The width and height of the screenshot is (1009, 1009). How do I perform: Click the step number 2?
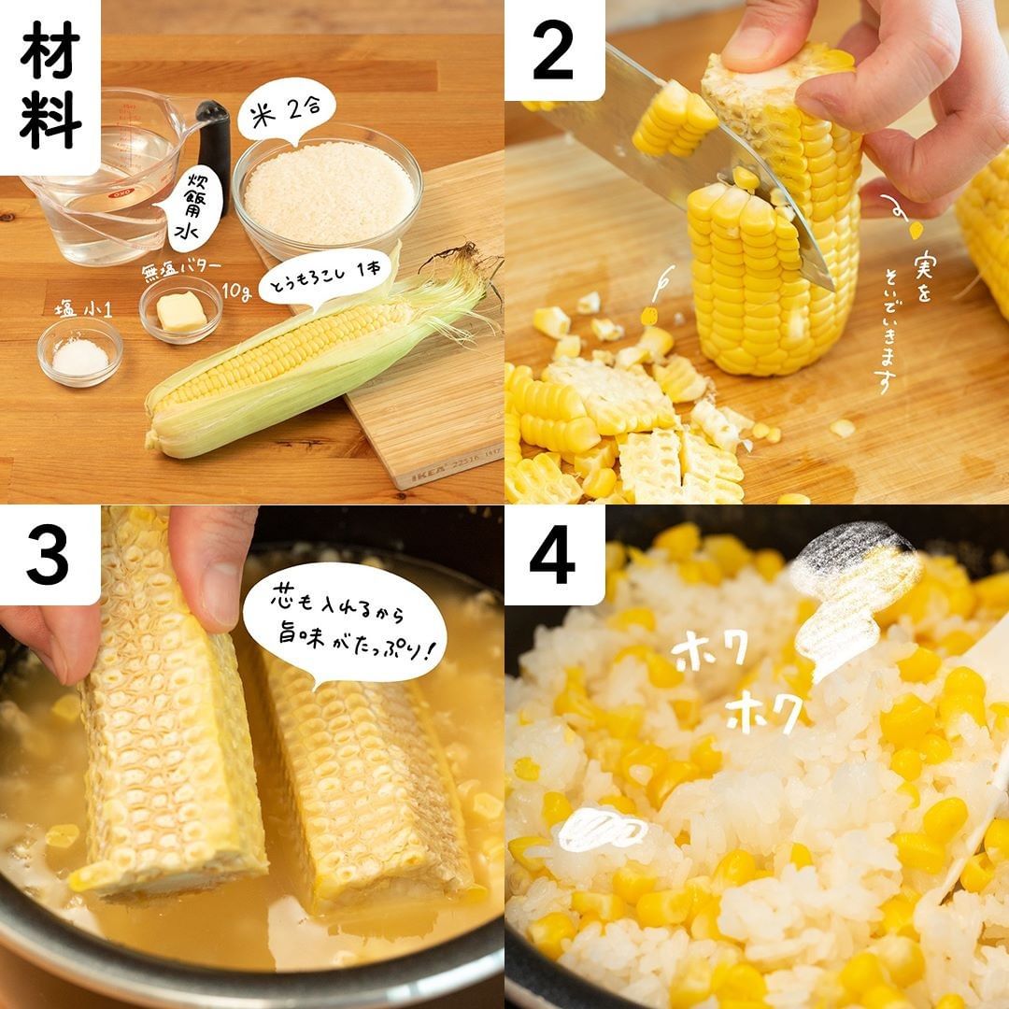pos(553,50)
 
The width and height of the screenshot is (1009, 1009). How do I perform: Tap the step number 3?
pos(49,555)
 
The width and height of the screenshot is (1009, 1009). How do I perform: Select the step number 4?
pos(553,555)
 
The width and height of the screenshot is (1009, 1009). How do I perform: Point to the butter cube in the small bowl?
pos(181,311)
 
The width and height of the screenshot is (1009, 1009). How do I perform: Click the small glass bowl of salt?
pos(79,351)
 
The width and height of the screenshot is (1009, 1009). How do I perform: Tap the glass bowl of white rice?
pos(328,192)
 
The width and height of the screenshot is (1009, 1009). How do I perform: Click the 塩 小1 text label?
pos(83,310)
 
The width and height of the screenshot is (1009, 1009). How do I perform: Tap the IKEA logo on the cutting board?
pos(427,473)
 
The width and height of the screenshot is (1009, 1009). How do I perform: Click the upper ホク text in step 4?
pos(708,651)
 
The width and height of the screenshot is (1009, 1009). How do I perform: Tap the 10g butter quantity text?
pos(236,291)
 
